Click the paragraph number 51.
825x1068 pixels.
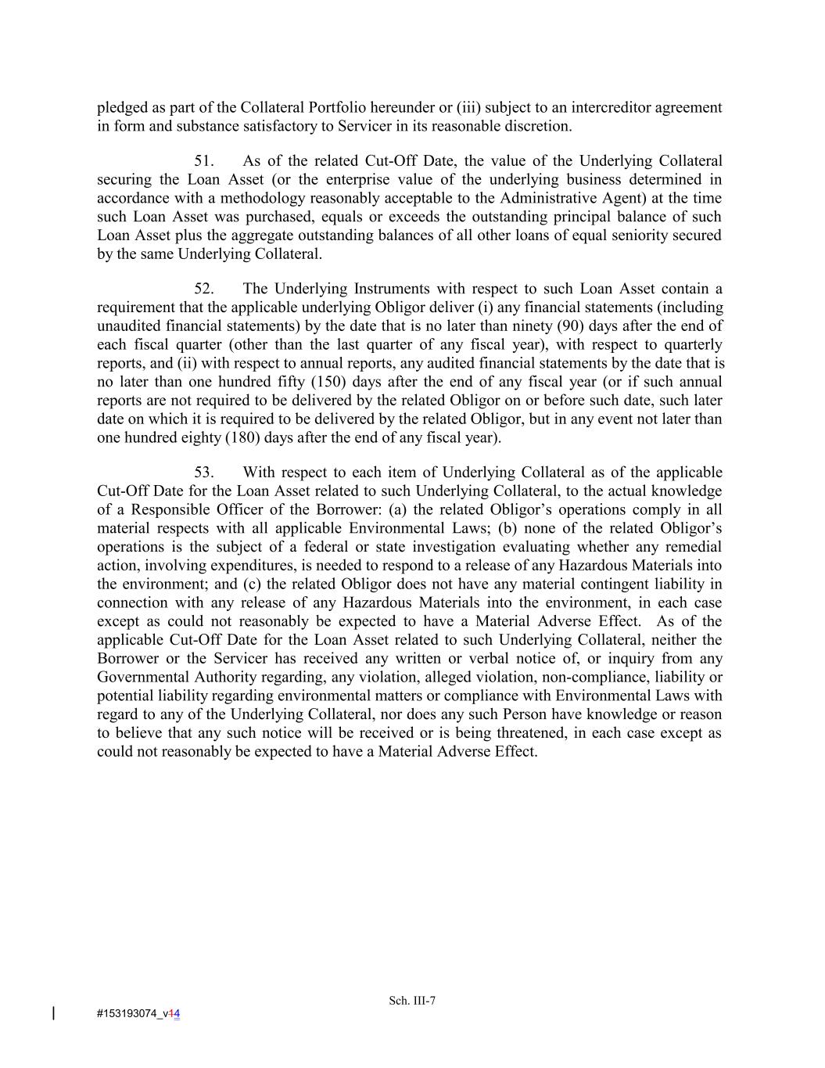203,161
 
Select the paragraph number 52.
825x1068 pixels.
203,289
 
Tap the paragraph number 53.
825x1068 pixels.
203,473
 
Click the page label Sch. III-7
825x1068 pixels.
412,1000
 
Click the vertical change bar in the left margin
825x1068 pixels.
53,1013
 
